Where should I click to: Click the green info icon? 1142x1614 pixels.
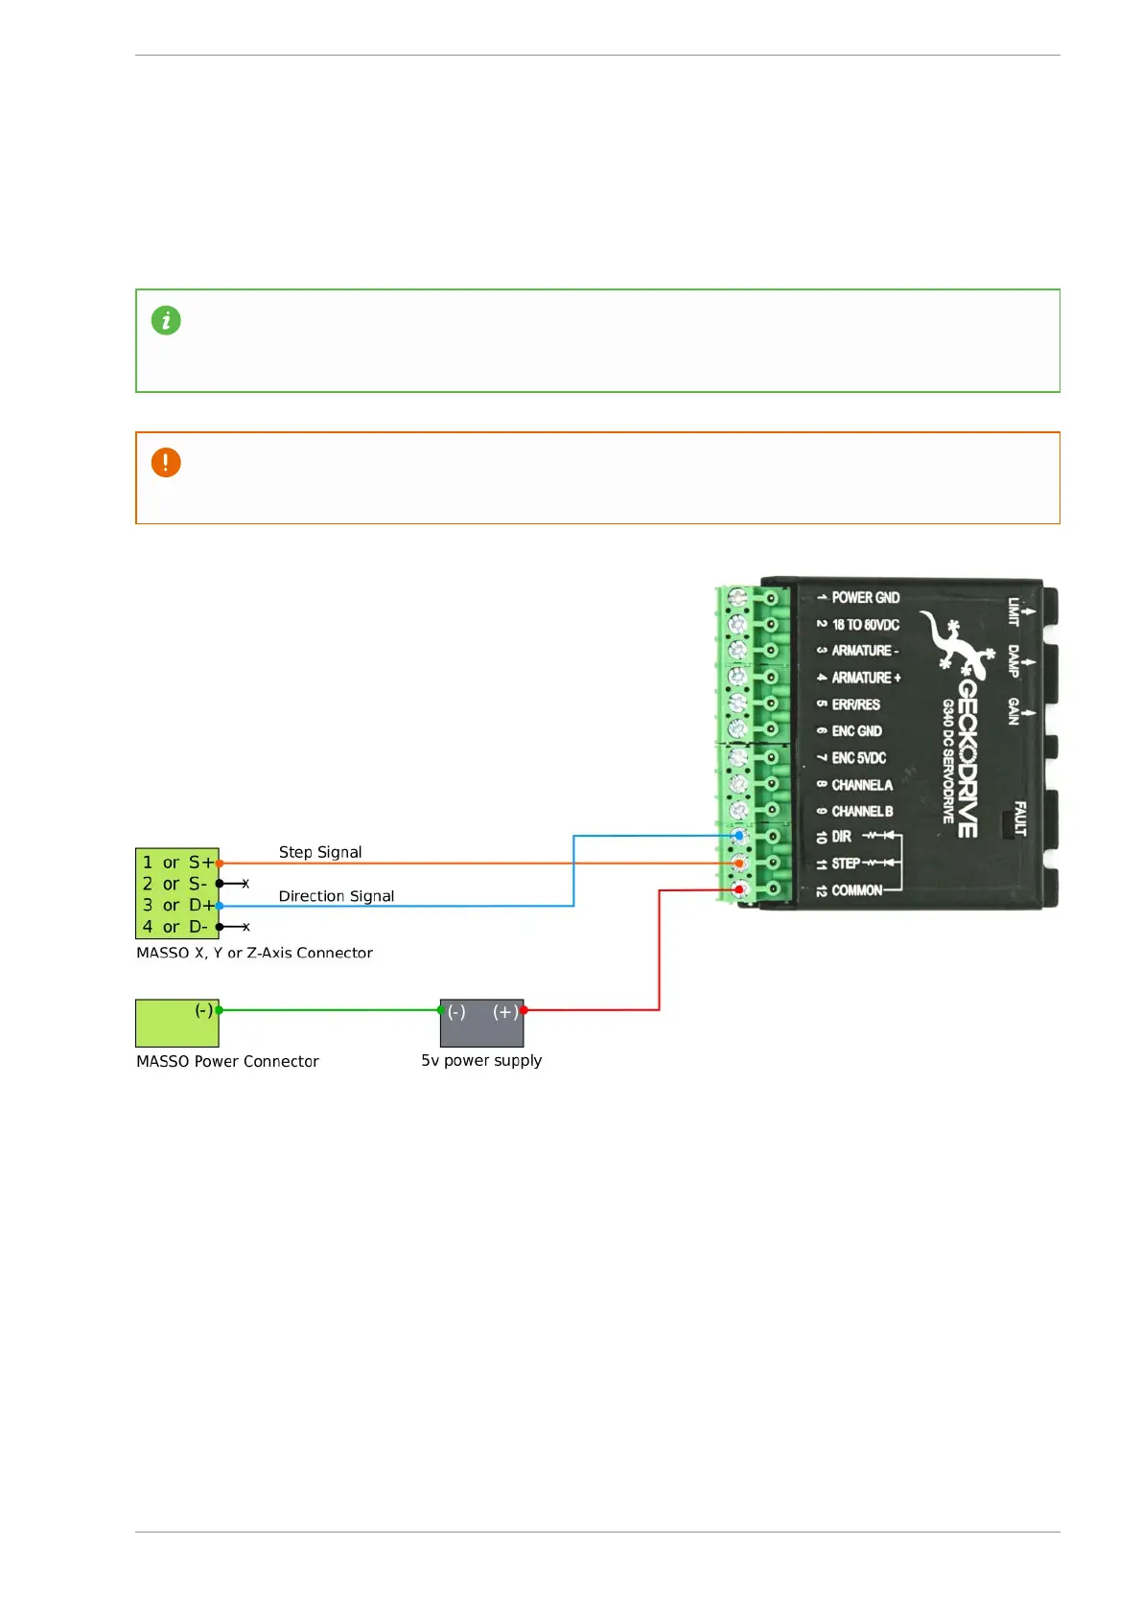[x=166, y=321]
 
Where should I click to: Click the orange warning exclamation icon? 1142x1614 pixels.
[x=166, y=463]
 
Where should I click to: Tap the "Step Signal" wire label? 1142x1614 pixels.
[x=320, y=852]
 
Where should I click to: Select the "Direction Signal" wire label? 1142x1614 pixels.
[x=336, y=896]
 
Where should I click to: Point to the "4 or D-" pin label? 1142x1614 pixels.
[x=175, y=927]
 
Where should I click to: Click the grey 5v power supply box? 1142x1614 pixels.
[x=481, y=1024]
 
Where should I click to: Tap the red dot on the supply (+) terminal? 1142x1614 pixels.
[x=524, y=1010]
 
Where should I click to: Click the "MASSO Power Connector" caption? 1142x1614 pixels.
[x=227, y=1061]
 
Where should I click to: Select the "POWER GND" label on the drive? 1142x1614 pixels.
[x=865, y=597]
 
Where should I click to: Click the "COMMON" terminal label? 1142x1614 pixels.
[x=856, y=890]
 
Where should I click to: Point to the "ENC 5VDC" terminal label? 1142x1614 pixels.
[x=859, y=758]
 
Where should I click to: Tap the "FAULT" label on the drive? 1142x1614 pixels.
[x=1019, y=819]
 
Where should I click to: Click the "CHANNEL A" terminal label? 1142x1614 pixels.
[x=862, y=785]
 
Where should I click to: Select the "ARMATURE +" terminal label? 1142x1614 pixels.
[x=866, y=678]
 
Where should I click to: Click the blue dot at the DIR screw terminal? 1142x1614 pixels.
[x=738, y=836]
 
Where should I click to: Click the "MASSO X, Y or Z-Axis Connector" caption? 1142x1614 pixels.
[x=254, y=954]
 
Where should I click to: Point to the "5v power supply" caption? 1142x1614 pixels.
[x=481, y=1061]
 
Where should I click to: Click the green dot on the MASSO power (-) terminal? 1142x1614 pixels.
[x=220, y=1010]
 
